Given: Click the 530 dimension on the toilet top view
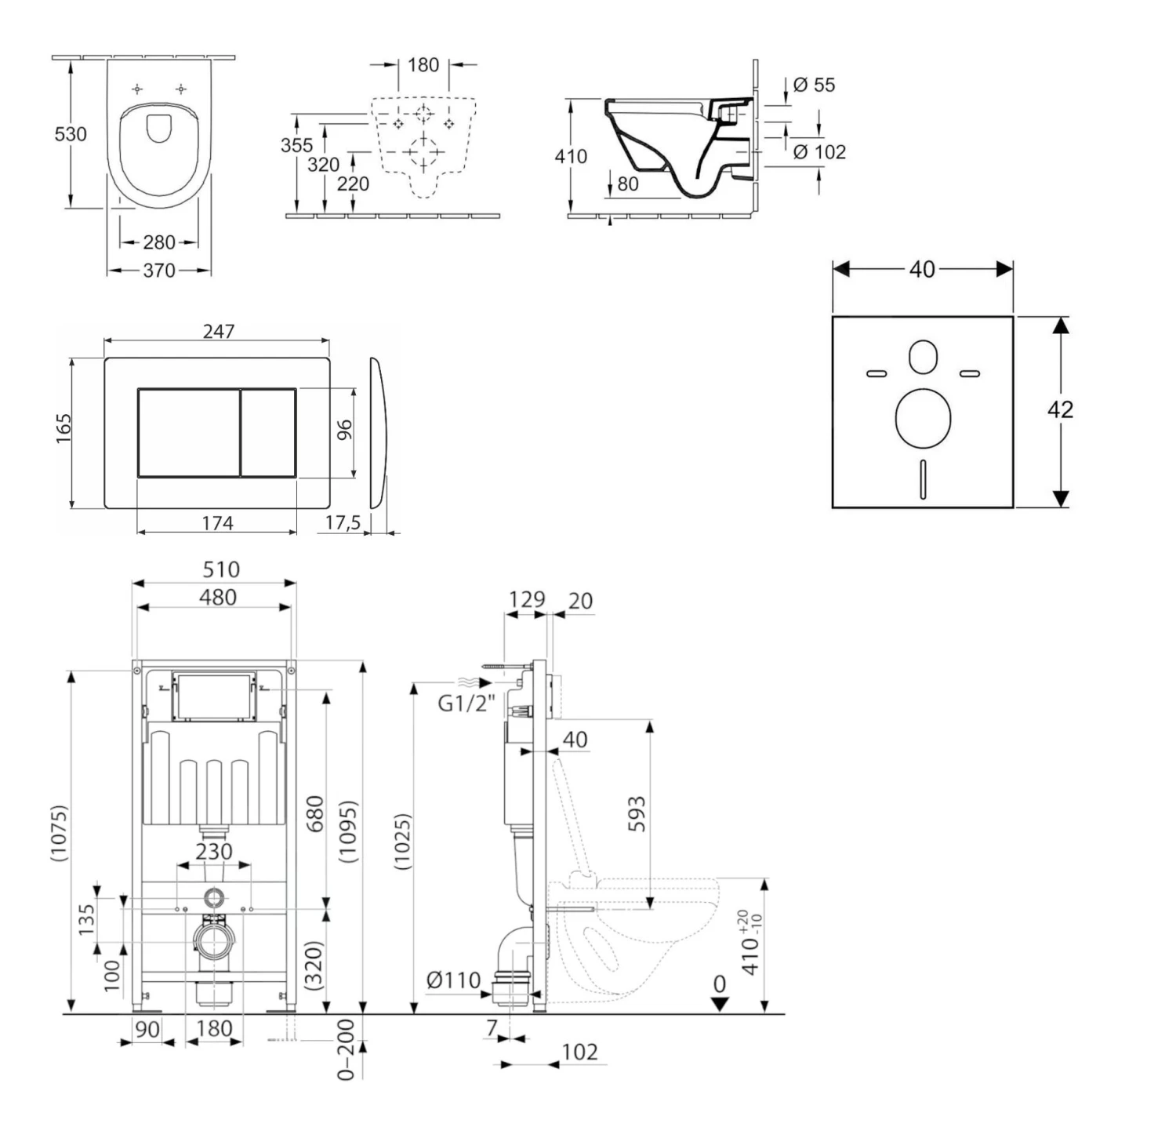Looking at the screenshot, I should tap(70, 134).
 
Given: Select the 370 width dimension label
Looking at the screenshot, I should tap(159, 270).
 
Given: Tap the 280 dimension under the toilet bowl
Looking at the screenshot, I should tap(159, 242).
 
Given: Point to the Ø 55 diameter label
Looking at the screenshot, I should tap(814, 85).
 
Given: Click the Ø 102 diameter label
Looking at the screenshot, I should tap(819, 152).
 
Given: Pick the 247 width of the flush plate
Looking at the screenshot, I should tap(218, 332).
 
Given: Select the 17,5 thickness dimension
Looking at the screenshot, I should tap(343, 523).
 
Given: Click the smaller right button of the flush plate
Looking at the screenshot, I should tap(268, 432).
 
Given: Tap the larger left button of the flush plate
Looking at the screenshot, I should tap(188, 432).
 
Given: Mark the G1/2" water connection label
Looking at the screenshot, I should tap(466, 703).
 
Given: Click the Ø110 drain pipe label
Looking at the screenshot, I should tap(453, 980).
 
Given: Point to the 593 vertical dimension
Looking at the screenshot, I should tap(637, 813).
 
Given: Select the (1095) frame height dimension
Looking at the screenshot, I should tap(348, 831).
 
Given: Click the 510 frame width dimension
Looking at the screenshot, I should tap(220, 569).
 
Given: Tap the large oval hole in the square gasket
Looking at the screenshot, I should tap(922, 416).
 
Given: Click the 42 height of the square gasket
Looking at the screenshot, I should tap(1060, 409).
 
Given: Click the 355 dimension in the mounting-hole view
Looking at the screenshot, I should tap(296, 145).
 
